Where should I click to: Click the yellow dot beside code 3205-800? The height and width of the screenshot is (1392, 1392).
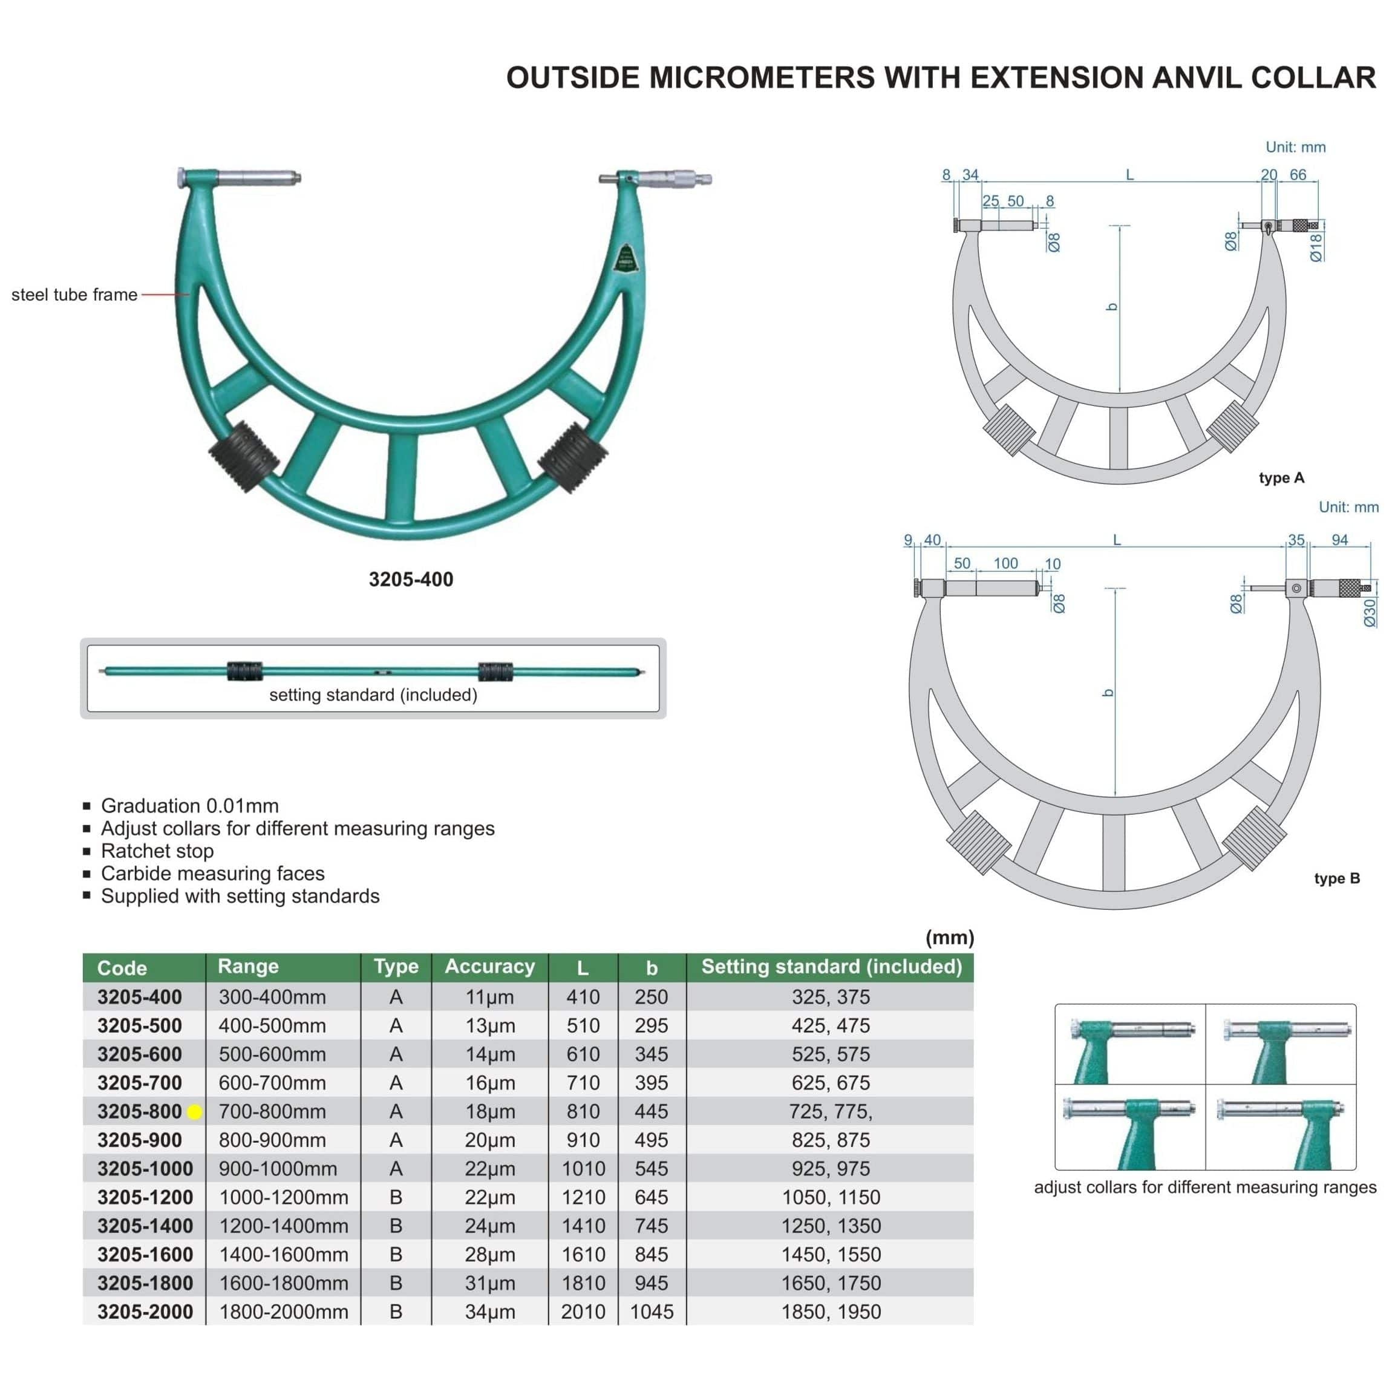[x=194, y=1112]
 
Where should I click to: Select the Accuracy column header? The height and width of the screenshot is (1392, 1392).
[x=489, y=966]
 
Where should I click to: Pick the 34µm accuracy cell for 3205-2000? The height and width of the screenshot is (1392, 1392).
[x=489, y=1312]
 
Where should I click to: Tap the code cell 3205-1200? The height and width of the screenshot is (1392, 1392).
[x=145, y=1197]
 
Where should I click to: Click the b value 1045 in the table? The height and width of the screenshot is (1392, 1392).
[x=652, y=1312]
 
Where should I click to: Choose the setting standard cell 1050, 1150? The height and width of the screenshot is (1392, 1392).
[x=831, y=1197]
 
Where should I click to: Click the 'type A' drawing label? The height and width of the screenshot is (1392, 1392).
[x=1281, y=478]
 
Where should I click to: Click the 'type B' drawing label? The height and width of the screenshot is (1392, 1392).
[x=1336, y=878]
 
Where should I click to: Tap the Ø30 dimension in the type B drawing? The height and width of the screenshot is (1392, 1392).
[x=1370, y=612]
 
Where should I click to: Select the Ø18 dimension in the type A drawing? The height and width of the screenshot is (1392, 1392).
[x=1316, y=247]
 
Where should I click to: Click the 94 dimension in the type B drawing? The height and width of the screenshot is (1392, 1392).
[x=1339, y=540]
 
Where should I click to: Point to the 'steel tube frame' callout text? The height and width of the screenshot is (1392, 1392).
[x=74, y=295]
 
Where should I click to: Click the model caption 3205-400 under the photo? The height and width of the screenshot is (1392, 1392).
[x=411, y=580]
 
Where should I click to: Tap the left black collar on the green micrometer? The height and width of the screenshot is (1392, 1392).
[x=244, y=457]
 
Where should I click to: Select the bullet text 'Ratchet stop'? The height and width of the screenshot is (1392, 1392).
[x=157, y=851]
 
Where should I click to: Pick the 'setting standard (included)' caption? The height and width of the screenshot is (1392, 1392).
[x=373, y=694]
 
